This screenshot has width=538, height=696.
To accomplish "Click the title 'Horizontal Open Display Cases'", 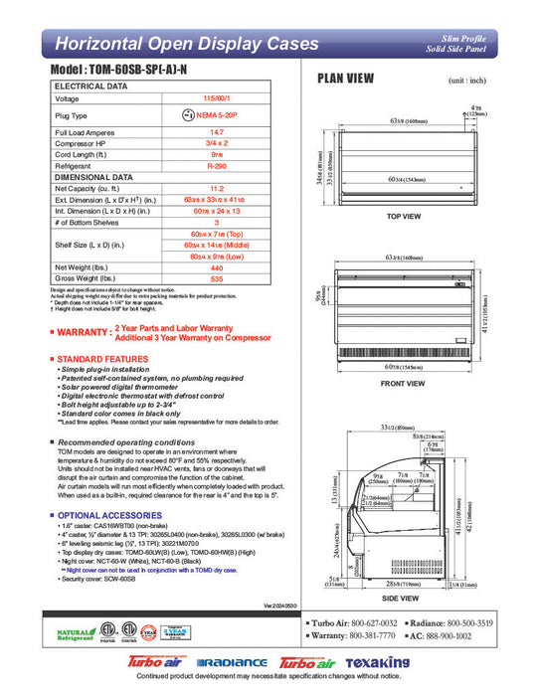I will click(x=187, y=44).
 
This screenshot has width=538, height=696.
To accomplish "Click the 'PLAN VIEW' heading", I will click(x=345, y=79).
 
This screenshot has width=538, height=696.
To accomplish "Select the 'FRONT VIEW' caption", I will click(x=403, y=384).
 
